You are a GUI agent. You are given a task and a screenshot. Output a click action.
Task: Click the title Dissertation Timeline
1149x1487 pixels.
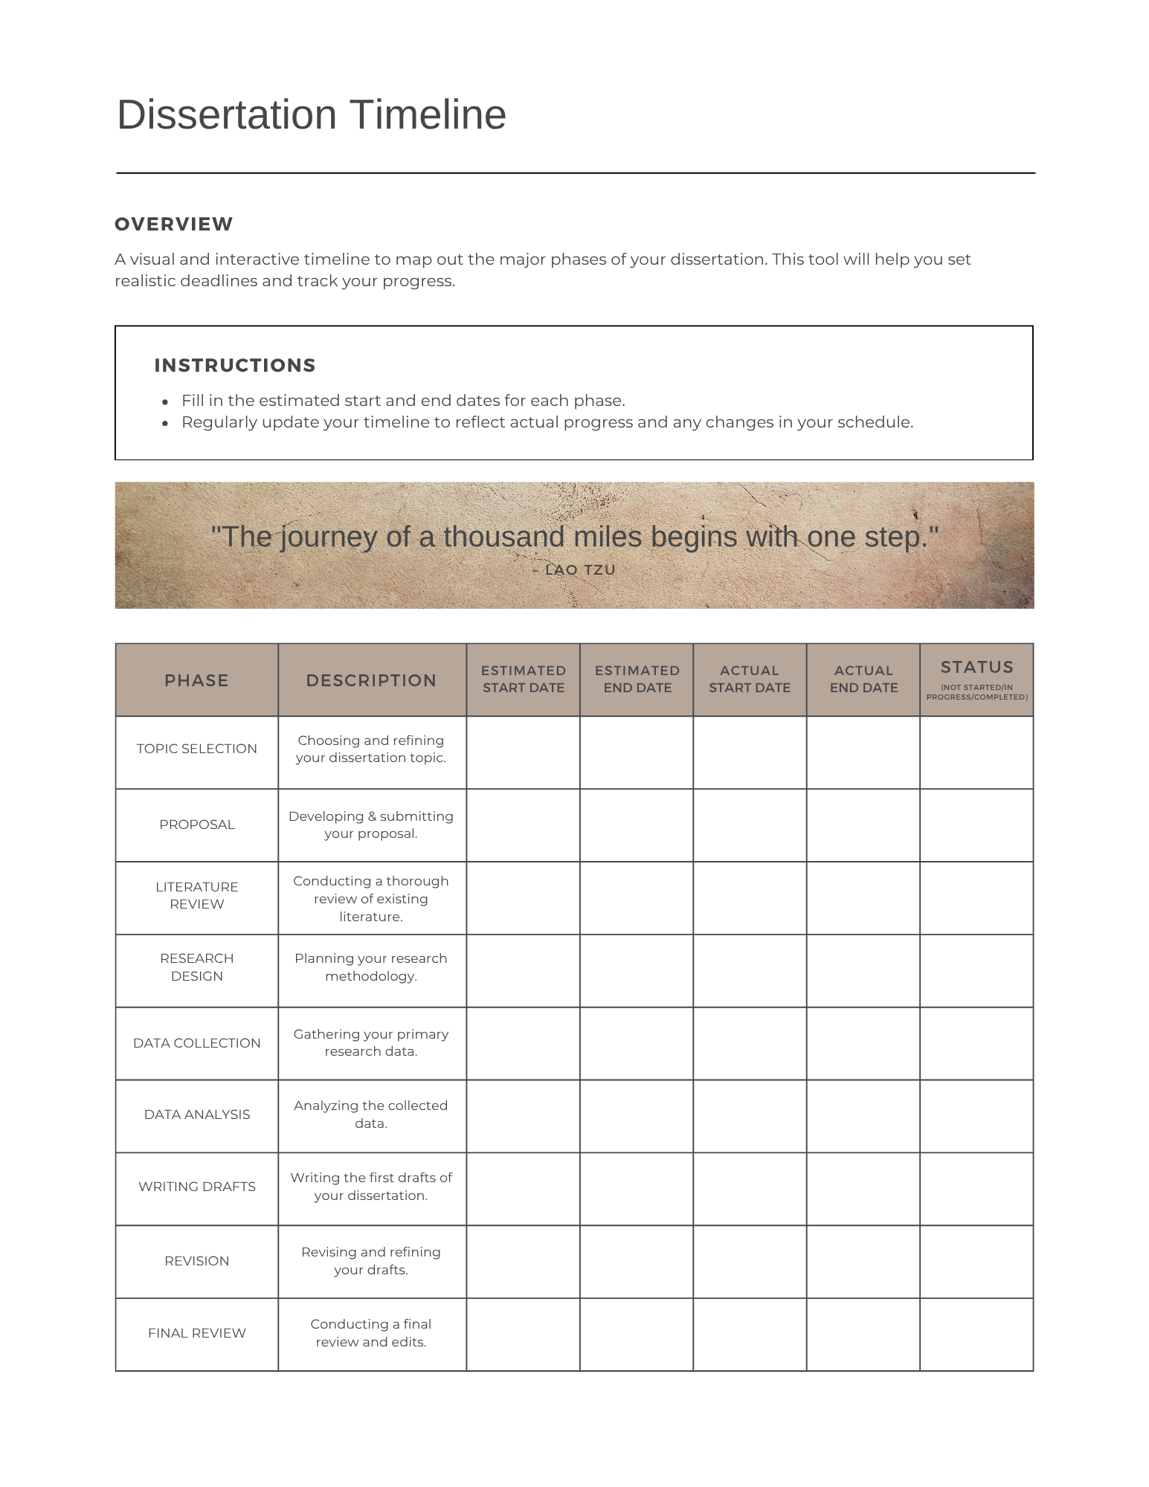click(311, 115)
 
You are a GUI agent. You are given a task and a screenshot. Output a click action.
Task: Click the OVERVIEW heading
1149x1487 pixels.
click(173, 224)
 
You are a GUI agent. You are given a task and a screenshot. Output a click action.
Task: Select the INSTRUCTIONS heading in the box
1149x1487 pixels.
click(234, 365)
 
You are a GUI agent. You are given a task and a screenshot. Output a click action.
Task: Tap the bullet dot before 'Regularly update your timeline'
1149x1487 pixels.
click(165, 423)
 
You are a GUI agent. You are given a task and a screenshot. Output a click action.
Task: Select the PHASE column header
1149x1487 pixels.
click(196, 680)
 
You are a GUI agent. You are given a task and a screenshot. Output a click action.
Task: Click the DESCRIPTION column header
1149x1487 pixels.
click(371, 680)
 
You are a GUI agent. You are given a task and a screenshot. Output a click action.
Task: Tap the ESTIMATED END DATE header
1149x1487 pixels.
click(637, 679)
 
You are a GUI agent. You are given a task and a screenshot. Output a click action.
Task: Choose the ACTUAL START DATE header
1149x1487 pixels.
click(749, 679)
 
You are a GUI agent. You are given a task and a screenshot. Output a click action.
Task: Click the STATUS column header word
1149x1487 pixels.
click(976, 667)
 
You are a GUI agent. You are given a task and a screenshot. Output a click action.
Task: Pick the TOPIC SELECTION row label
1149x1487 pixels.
click(196, 749)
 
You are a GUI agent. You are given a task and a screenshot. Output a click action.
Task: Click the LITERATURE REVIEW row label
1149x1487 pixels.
click(196, 895)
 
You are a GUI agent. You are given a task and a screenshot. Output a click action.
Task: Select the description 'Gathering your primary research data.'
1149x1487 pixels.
click(371, 1042)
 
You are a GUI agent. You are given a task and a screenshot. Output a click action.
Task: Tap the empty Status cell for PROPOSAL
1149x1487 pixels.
click(976, 825)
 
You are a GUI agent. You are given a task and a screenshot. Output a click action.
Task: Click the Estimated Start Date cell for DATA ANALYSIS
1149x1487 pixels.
click(523, 1115)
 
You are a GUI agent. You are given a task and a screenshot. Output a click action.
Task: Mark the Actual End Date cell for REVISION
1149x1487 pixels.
click(863, 1261)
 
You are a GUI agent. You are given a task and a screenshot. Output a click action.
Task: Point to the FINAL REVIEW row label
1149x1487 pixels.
click(196, 1333)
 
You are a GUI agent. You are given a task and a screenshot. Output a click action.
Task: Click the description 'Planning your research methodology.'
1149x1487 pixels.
click(371, 967)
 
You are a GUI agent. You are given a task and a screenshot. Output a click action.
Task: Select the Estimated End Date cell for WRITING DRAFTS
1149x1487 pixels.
click(637, 1188)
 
